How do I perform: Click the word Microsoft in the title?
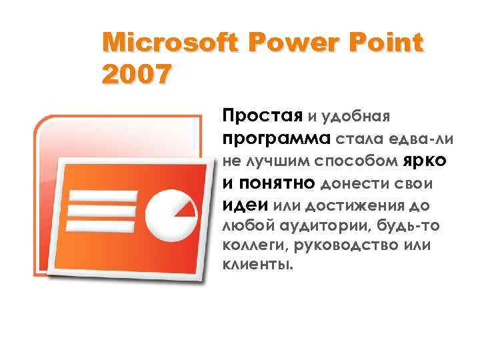coord(171,44)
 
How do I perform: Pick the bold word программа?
coord(275,139)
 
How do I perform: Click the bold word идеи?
coord(245,203)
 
